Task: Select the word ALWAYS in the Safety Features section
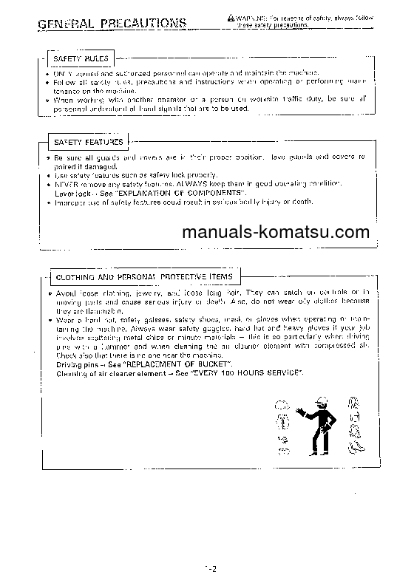[x=189, y=183]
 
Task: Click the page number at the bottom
[x=210, y=568]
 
